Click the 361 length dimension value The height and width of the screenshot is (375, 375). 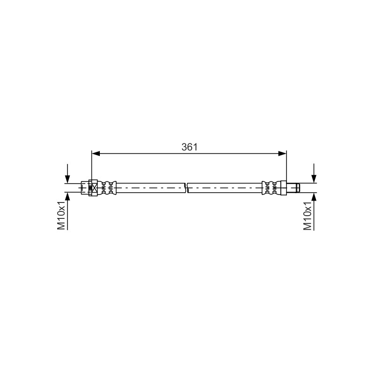pyautogui.click(x=189, y=147)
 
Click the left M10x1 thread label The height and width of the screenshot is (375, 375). pyautogui.click(x=61, y=215)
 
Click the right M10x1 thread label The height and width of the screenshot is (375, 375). pyautogui.click(x=307, y=216)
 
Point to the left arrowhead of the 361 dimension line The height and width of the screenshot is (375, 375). pyautogui.click(x=96, y=154)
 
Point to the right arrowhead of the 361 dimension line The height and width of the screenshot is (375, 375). pyautogui.click(x=282, y=154)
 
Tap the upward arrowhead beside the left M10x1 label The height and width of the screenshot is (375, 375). pyautogui.click(x=67, y=196)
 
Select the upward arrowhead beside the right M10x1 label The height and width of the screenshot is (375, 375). pyautogui.click(x=314, y=196)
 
